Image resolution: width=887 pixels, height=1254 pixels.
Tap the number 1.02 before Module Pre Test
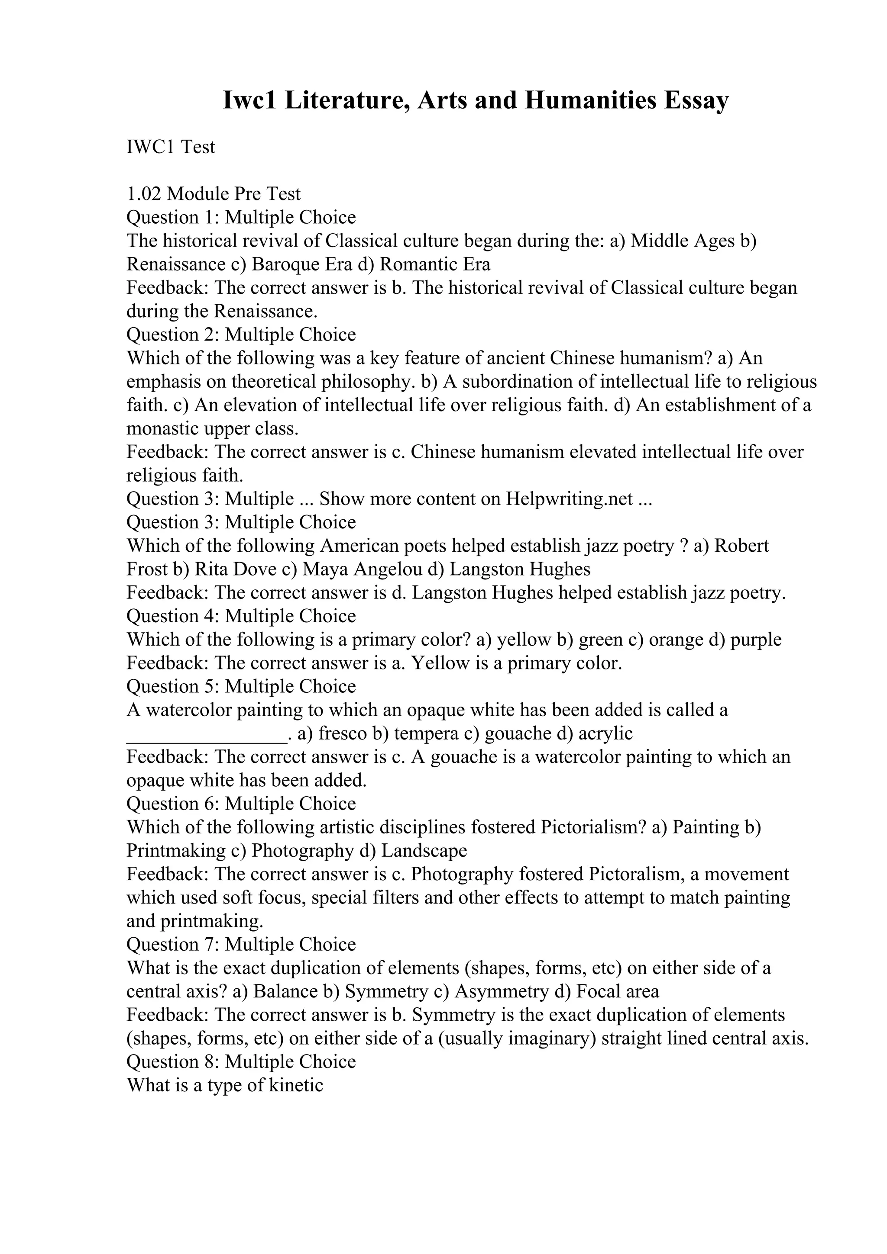[144, 194]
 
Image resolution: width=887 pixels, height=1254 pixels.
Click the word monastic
[162, 429]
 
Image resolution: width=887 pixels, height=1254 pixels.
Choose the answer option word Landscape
[424, 851]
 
